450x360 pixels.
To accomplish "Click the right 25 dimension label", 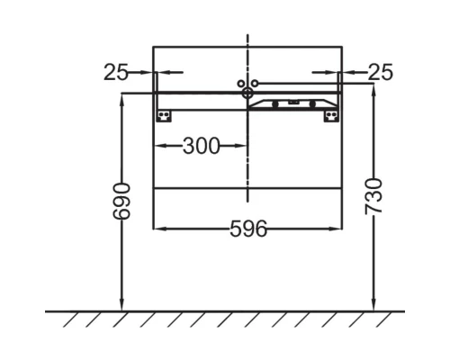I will click(x=381, y=73).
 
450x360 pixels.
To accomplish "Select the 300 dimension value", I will click(x=201, y=146).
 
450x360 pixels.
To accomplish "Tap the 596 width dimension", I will click(x=247, y=229).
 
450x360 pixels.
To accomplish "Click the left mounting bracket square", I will click(x=164, y=114).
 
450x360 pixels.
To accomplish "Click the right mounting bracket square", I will click(x=331, y=114).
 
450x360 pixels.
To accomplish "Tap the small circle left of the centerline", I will click(x=240, y=84).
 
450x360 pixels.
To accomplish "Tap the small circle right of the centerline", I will click(x=255, y=84).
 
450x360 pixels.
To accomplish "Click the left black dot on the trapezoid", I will click(x=274, y=103).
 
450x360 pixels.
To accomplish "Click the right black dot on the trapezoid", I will click(x=312, y=103).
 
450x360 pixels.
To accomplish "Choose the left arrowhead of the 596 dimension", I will click(x=158, y=229).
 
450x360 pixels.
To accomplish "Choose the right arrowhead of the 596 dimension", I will click(x=337, y=229).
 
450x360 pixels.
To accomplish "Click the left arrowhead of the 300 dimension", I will click(x=158, y=146).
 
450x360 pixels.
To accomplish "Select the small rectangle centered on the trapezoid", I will click(x=293, y=101).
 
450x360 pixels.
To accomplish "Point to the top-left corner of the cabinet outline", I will click(x=154, y=47).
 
